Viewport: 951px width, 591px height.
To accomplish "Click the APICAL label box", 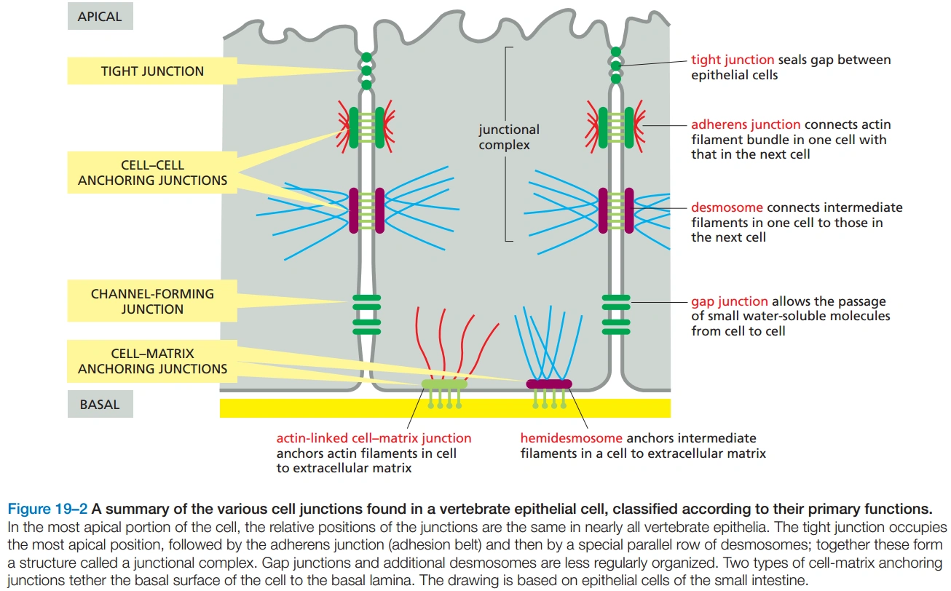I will coord(100,17).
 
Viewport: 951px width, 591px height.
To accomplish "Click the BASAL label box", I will coord(100,404).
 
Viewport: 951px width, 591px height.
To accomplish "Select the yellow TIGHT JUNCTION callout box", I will coord(152,71).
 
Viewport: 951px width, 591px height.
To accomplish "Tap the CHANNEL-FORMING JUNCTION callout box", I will coord(152,301).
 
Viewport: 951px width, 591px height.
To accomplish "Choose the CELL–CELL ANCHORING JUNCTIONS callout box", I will coord(152,172).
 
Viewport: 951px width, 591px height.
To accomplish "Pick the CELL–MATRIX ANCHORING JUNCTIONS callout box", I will coord(152,361).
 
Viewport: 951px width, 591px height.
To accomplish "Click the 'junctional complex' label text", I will coord(509,138).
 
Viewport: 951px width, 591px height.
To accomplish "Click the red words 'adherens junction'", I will coord(745,125).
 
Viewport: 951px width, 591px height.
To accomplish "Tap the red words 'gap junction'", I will coord(729,301).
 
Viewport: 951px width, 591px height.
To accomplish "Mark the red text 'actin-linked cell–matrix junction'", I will coord(374,439).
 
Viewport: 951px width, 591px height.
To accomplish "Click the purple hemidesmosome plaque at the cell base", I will coord(549,384).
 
